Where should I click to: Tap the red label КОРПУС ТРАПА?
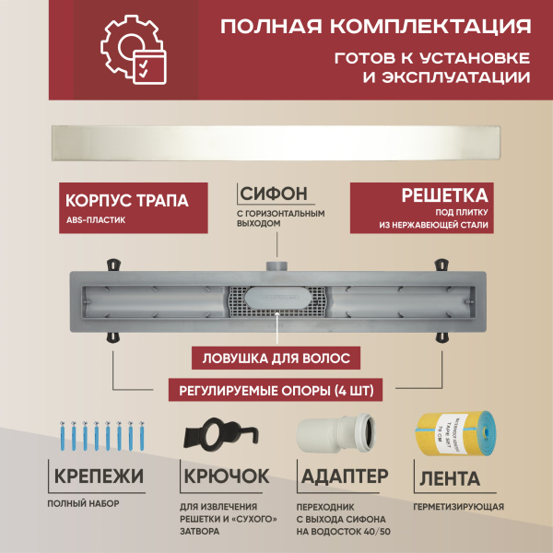click(128, 200)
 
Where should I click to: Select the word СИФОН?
click(273, 194)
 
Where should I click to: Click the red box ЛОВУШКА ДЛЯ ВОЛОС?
click(276, 357)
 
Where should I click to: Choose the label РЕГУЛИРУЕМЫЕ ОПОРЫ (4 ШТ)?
click(276, 390)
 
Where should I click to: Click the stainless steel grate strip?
click(276, 144)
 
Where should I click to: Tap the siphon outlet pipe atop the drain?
click(276, 265)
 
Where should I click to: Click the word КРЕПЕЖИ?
click(99, 477)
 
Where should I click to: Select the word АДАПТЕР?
click(338, 477)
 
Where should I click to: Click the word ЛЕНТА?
click(449, 478)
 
